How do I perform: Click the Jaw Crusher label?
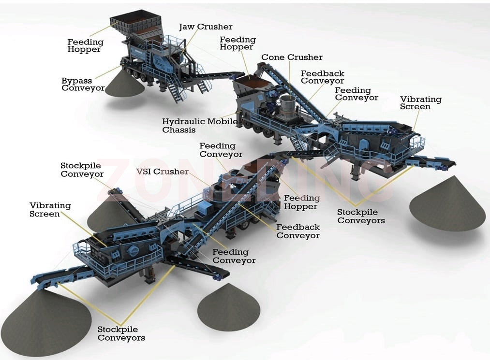coord(206,27)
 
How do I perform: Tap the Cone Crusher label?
coord(292,57)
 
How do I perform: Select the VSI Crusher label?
coord(163,172)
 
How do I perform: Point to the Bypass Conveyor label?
coord(83,84)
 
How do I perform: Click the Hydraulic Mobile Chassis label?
coord(200,126)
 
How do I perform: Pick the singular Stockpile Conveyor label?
coord(82,170)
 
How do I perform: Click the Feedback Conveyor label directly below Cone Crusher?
coord(323,77)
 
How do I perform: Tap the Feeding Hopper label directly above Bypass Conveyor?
coord(85,45)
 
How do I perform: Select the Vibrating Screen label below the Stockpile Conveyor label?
coord(50,210)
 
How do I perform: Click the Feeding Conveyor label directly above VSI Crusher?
coord(221,150)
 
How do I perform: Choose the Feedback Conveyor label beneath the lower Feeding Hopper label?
coord(298,231)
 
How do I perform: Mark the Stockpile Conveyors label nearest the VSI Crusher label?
coord(361,216)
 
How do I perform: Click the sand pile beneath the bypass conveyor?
coord(125,83)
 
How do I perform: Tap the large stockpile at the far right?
coord(447,203)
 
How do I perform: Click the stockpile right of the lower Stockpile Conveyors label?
coord(229,307)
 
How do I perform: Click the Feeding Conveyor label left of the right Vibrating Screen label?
coord(356,94)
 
